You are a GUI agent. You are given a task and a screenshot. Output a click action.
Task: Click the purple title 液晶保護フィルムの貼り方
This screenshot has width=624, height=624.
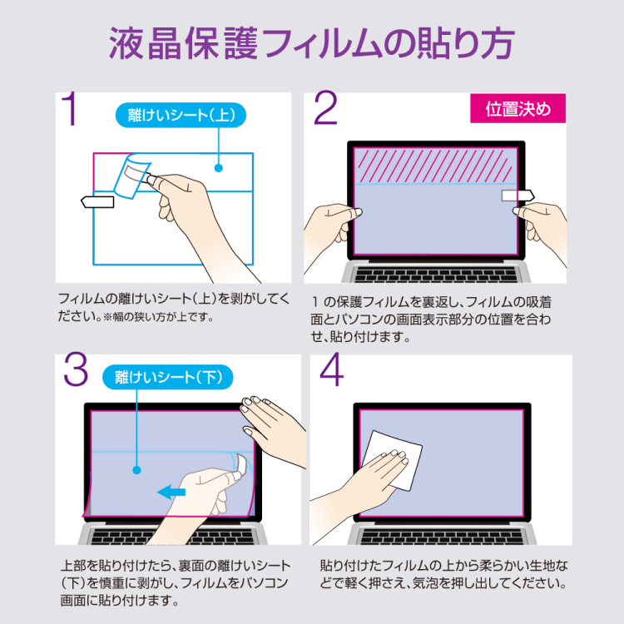pos(312,43)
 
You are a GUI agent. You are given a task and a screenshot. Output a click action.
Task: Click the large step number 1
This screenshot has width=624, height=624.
pos(72,109)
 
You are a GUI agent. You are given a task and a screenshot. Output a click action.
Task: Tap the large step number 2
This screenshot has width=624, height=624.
pos(325,109)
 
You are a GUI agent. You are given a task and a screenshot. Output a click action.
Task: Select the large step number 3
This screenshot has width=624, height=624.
pos(75,372)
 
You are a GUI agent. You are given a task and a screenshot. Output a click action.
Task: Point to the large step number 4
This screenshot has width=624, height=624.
pos(330,372)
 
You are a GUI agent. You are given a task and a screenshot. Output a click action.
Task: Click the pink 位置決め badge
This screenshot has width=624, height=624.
pos(518,110)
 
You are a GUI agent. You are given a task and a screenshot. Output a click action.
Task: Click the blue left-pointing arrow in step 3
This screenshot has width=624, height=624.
pos(172,493)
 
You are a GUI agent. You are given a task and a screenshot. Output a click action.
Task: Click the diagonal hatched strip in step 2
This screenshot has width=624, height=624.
pos(437,165)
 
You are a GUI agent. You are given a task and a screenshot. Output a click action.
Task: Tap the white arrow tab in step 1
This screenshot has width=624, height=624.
pos(97,201)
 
